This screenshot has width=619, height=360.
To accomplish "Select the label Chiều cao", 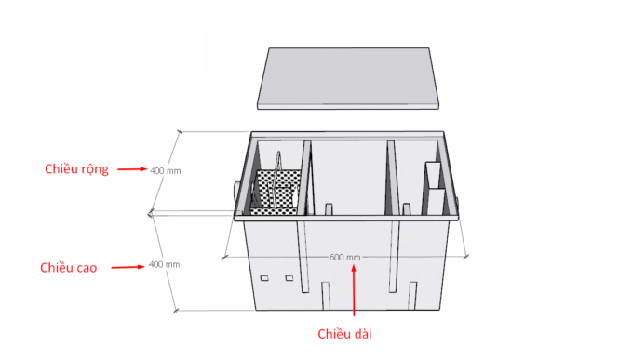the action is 69,268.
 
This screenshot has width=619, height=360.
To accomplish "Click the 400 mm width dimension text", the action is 165,170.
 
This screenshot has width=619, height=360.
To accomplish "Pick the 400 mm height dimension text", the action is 165,265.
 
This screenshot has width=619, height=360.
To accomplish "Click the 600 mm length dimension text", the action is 344,257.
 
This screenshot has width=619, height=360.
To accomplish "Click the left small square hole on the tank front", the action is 264,277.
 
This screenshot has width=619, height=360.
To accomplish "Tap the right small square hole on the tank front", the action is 289,277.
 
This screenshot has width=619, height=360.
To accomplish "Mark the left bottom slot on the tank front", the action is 325,296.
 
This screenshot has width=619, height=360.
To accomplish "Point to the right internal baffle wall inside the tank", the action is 393,177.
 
